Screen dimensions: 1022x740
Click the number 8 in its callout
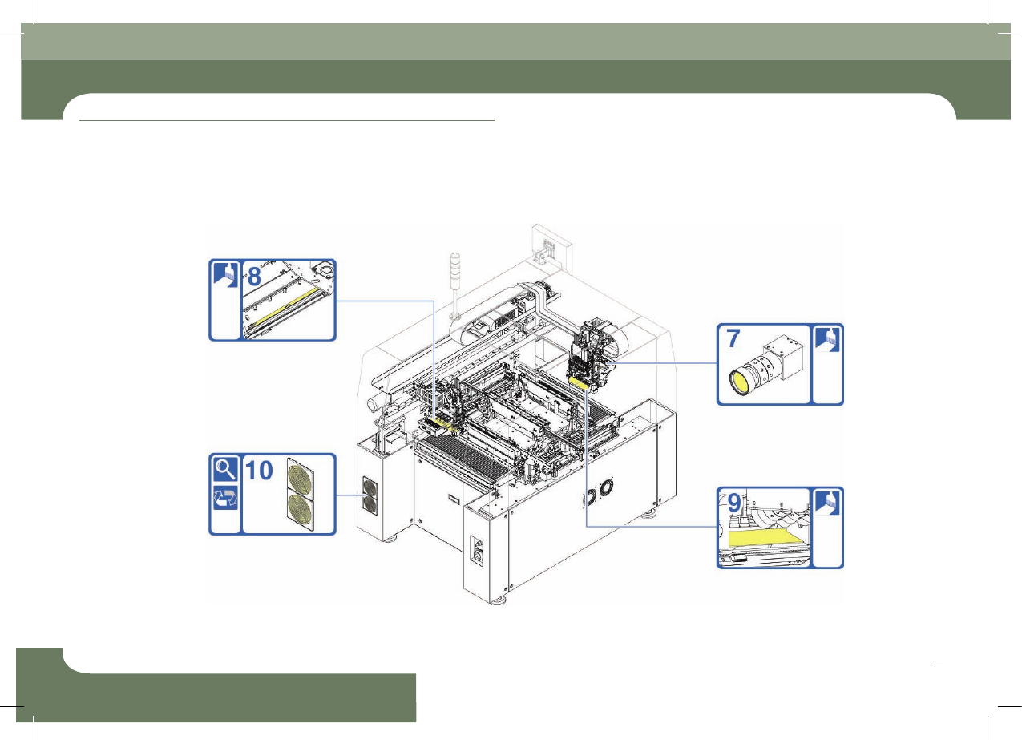pyautogui.click(x=254, y=277)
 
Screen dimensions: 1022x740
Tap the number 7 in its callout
pyautogui.click(x=733, y=338)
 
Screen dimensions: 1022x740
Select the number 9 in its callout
pyautogui.click(x=734, y=503)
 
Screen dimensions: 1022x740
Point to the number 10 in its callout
pyautogui.click(x=259, y=471)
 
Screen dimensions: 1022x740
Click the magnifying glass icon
pyautogui.click(x=225, y=469)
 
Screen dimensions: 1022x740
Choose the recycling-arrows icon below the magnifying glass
pyautogui.click(x=225, y=498)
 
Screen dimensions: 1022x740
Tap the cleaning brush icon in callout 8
pyautogui.click(x=226, y=275)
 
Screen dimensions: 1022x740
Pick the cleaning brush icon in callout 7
pyautogui.click(x=827, y=339)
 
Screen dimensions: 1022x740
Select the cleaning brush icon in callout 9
pyautogui.click(x=827, y=503)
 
